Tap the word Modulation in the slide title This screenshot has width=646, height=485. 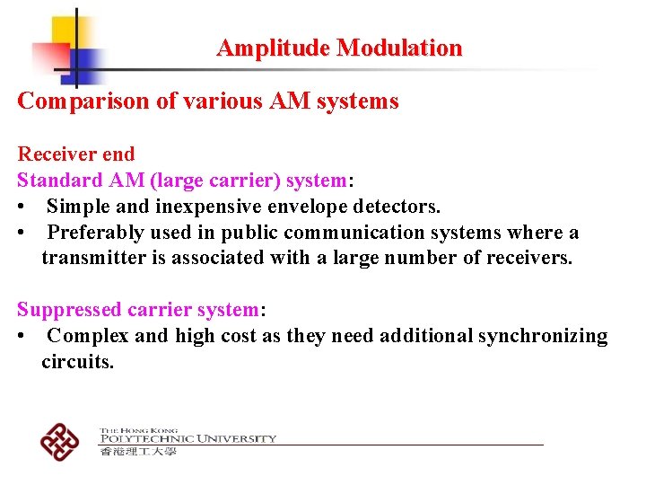(399, 48)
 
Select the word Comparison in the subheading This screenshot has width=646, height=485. (83, 101)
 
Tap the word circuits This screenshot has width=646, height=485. (77, 362)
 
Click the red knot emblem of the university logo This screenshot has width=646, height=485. (59, 441)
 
